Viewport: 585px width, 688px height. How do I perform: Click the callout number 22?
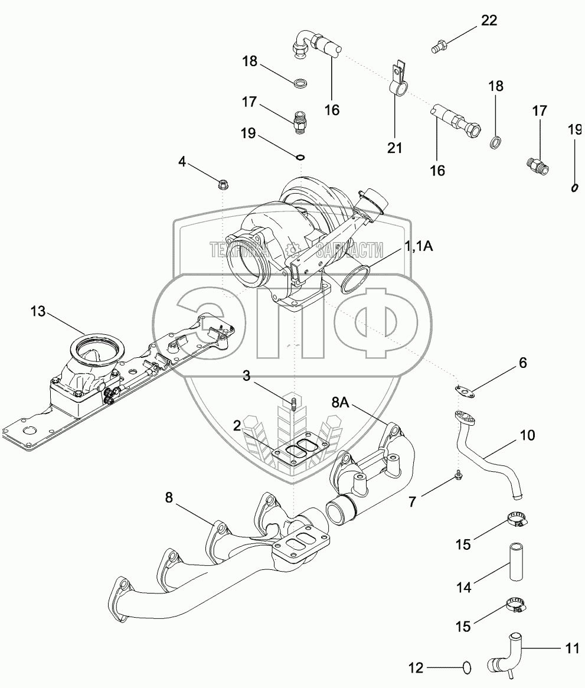489,21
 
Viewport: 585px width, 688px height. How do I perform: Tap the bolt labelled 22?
439,45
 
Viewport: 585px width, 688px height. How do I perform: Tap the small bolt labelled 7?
459,476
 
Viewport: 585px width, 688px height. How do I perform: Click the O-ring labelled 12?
466,668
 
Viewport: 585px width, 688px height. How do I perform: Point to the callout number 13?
38,311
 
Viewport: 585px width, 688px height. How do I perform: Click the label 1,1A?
419,247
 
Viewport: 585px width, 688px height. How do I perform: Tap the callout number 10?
527,435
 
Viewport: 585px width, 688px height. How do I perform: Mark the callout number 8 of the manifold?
169,498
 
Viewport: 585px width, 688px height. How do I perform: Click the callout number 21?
395,147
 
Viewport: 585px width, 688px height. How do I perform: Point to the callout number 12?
416,668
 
